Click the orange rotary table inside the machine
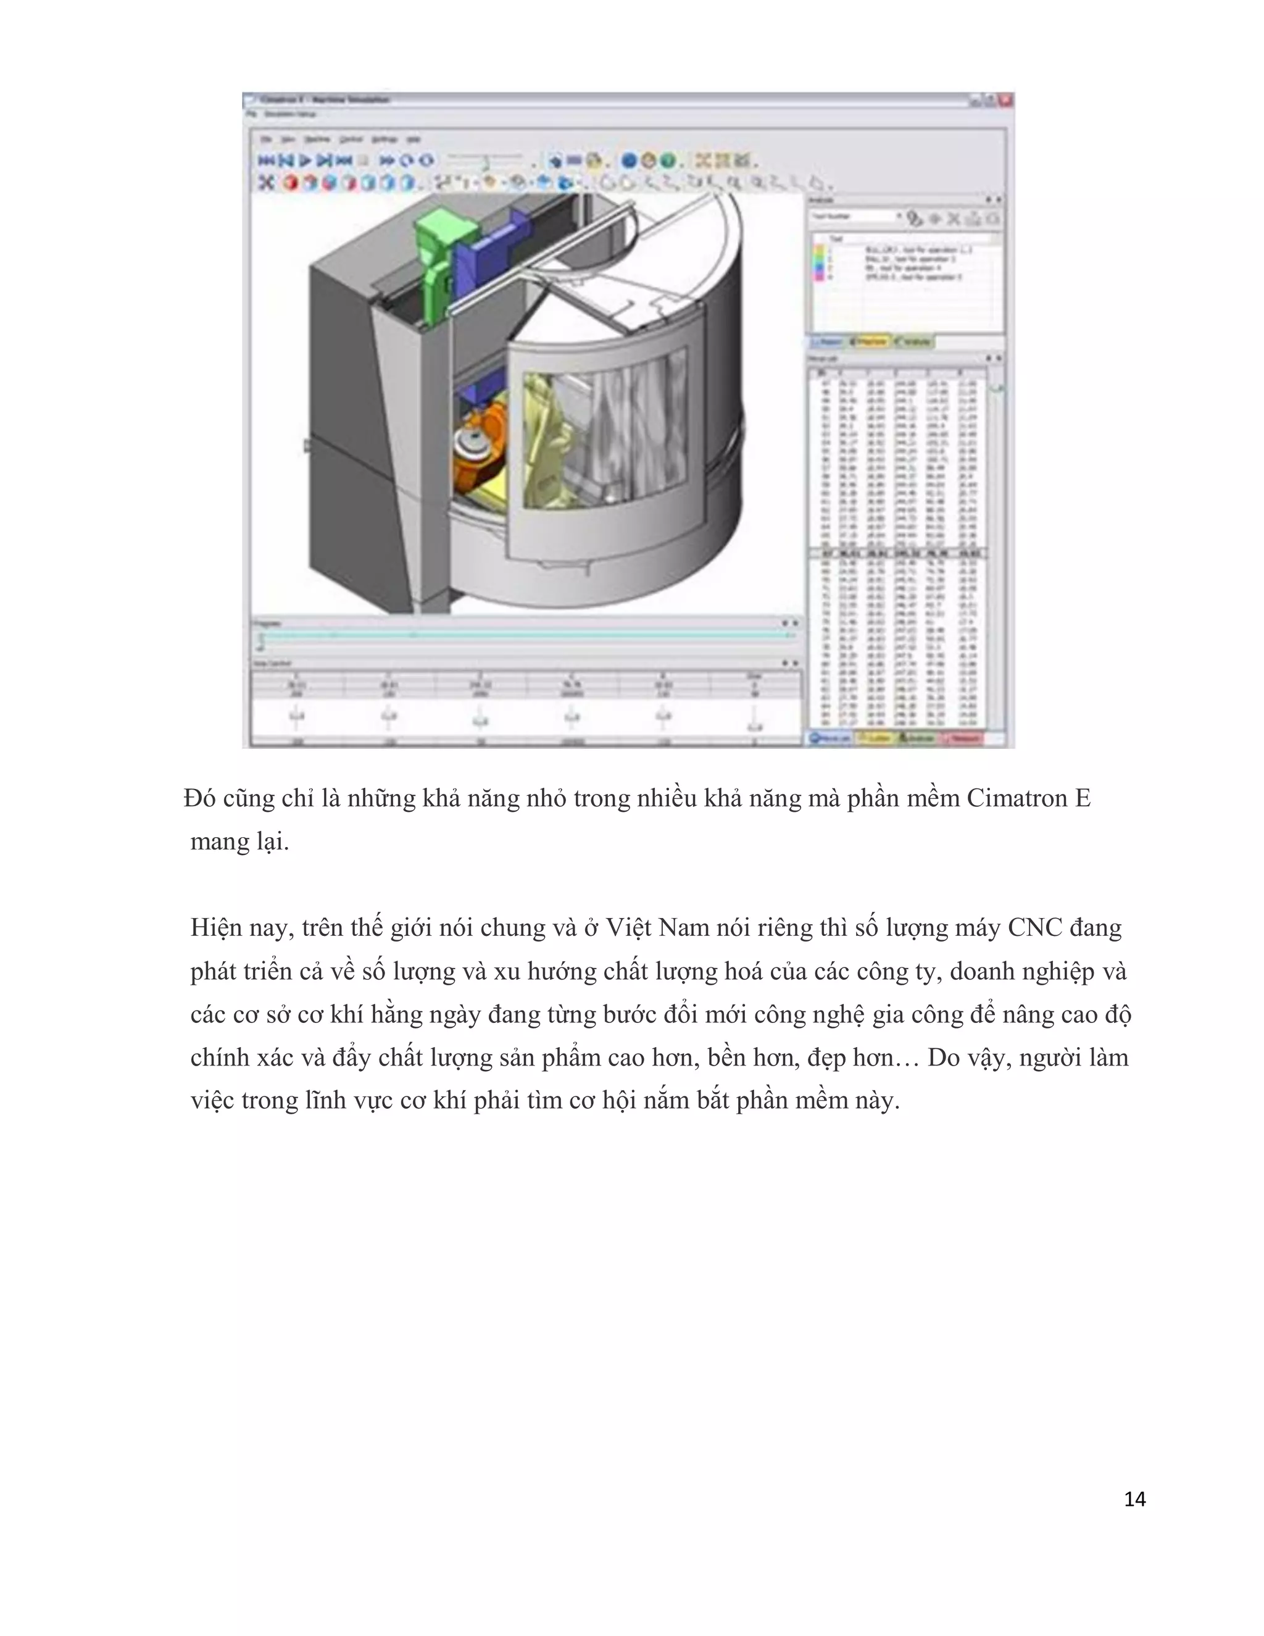click(479, 453)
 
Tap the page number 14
click(1134, 1499)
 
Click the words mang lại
click(239, 842)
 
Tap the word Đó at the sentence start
click(199, 798)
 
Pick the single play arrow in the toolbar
click(306, 161)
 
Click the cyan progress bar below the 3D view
click(524, 635)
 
